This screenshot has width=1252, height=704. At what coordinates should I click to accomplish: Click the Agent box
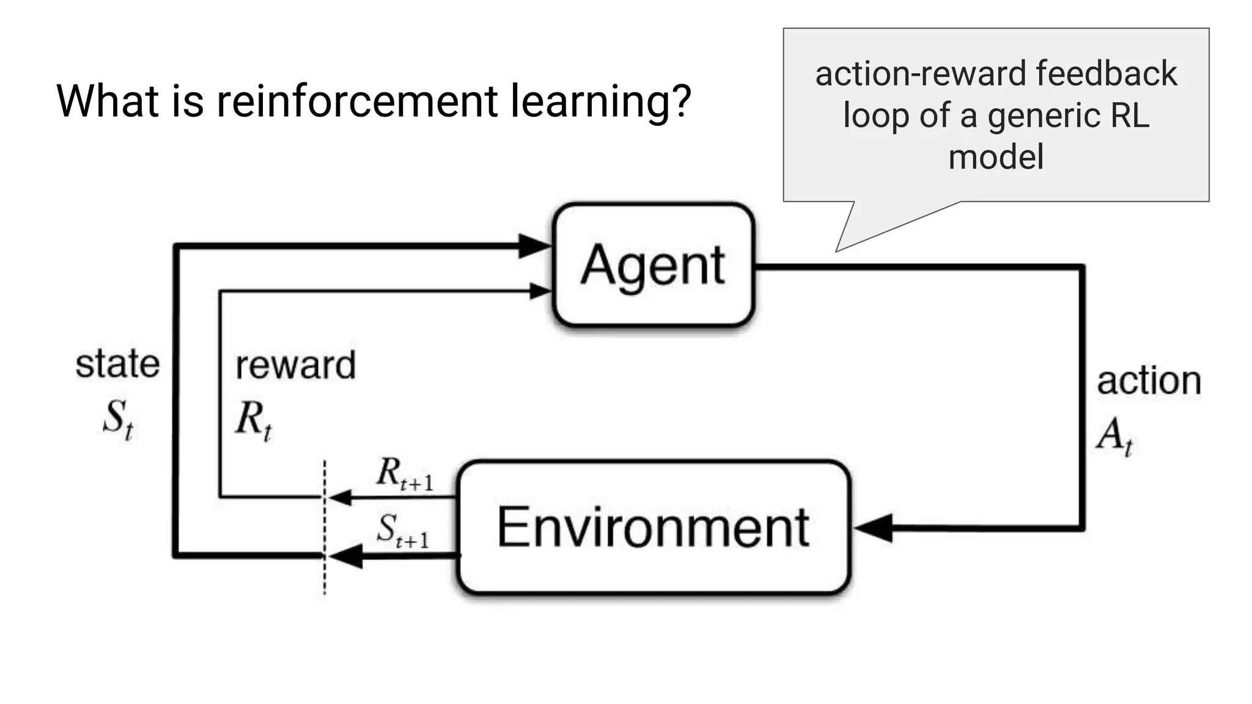pyautogui.click(x=653, y=265)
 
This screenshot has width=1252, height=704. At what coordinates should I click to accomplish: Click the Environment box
pyautogui.click(x=653, y=527)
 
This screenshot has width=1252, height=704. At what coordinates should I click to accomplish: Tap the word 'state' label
pyautogui.click(x=117, y=364)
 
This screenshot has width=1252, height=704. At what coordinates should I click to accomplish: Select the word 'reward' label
pyautogui.click(x=295, y=365)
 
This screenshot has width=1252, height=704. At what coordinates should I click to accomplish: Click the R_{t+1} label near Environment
pyautogui.click(x=404, y=474)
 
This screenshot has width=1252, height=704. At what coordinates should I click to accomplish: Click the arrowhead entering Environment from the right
pyautogui.click(x=873, y=528)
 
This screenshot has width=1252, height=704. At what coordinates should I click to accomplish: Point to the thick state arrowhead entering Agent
pyautogui.click(x=535, y=246)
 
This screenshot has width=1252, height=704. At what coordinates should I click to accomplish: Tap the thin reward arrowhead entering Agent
pyautogui.click(x=540, y=291)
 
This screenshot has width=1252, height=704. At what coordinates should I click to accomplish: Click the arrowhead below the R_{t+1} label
pyautogui.click(x=340, y=497)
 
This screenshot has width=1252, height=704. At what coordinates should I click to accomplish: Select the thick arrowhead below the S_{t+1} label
pyautogui.click(x=346, y=556)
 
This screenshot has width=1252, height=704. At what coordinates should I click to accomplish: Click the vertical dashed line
pyautogui.click(x=325, y=574)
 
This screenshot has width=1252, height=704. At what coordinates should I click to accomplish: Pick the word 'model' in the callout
pyautogui.click(x=996, y=157)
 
